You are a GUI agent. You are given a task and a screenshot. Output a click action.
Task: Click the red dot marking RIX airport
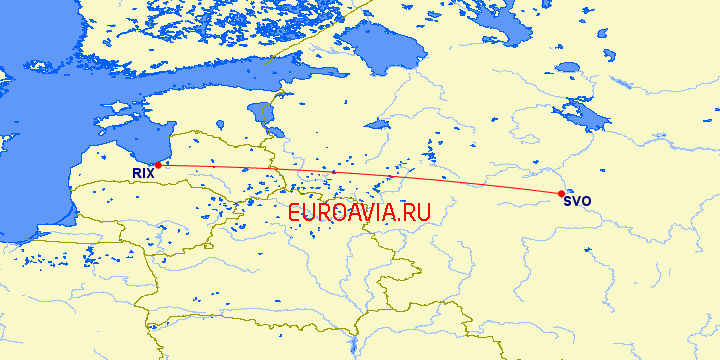158,165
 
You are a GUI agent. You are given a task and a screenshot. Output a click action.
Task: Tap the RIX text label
143,174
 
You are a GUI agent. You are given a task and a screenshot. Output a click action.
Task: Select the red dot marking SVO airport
561,193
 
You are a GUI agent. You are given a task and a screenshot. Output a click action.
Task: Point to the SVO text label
577,201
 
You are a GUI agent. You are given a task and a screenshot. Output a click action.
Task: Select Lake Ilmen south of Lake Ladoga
377,125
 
